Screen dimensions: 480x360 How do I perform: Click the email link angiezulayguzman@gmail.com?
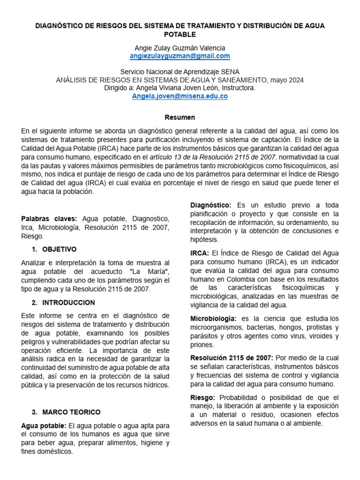180,56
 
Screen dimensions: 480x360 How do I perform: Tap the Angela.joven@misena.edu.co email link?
180,96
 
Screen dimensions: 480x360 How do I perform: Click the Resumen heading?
180,117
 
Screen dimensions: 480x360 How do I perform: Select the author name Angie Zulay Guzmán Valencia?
180,48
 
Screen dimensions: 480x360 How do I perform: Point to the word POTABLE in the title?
180,34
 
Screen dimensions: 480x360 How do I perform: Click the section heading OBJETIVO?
59,249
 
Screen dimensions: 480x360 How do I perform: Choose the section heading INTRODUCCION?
68,303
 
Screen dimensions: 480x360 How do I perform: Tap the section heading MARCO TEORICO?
71,412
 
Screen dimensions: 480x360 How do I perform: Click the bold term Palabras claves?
50,219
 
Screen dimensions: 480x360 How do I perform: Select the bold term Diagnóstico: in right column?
210,205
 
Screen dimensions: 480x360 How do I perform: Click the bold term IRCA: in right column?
200,253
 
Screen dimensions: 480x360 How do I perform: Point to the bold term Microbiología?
213,319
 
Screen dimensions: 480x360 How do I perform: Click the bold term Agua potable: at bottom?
44,425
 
